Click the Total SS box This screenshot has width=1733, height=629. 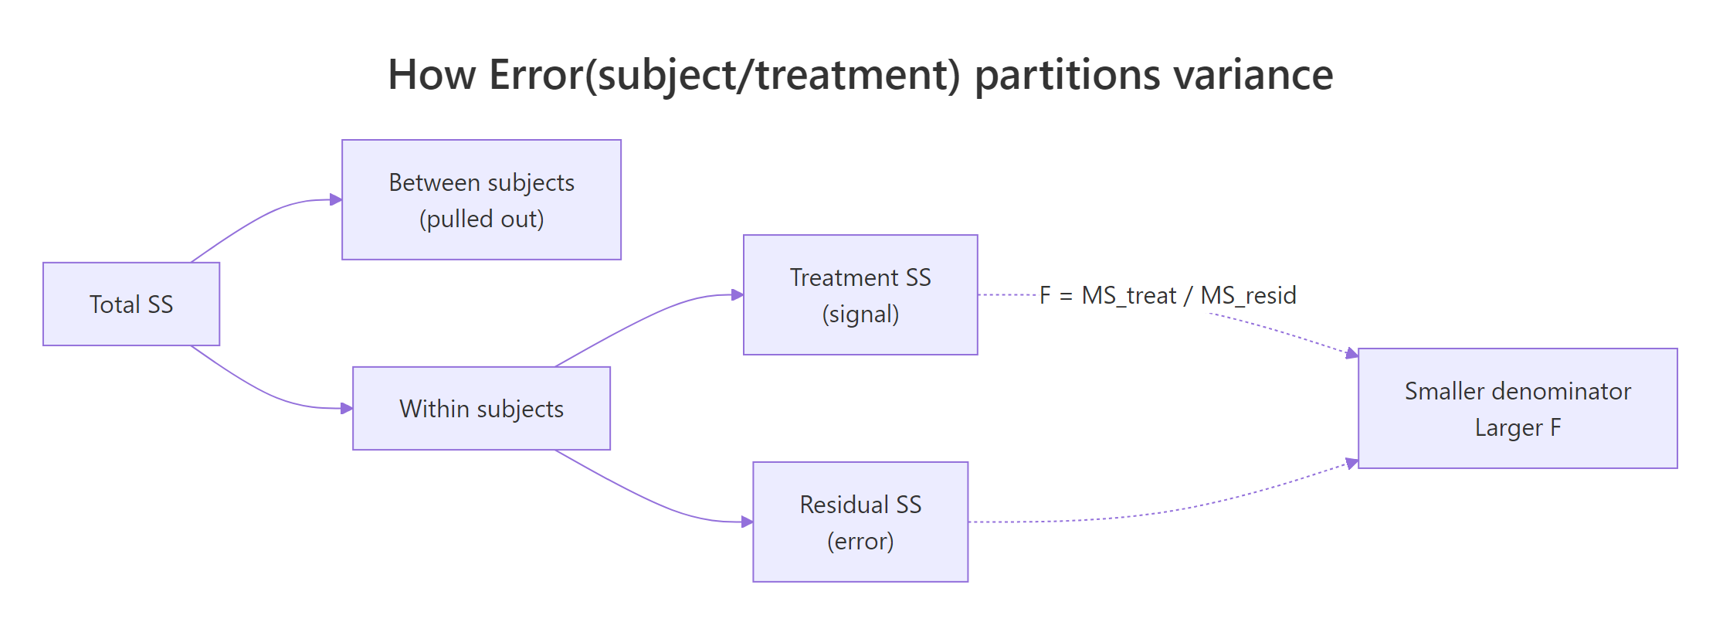[x=131, y=304]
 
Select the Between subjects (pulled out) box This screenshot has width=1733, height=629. [x=481, y=199]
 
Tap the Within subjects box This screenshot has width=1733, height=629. [x=481, y=408]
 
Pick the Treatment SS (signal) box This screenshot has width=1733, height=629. [x=860, y=294]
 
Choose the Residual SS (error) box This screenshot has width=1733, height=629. [x=860, y=522]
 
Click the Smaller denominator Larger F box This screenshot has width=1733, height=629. [x=1518, y=408]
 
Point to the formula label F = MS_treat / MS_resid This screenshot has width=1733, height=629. [x=1167, y=295]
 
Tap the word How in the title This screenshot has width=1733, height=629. [x=432, y=75]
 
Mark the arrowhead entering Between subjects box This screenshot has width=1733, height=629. [x=336, y=199]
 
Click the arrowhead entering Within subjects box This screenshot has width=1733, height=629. [x=347, y=408]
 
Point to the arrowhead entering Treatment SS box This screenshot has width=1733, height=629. [x=738, y=294]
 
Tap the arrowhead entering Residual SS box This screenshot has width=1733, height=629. [x=747, y=522]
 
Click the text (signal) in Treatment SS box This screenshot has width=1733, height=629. [x=860, y=314]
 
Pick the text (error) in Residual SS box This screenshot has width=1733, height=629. [x=860, y=541]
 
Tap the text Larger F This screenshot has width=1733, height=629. [x=1518, y=427]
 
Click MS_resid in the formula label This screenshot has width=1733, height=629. [x=1248, y=295]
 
